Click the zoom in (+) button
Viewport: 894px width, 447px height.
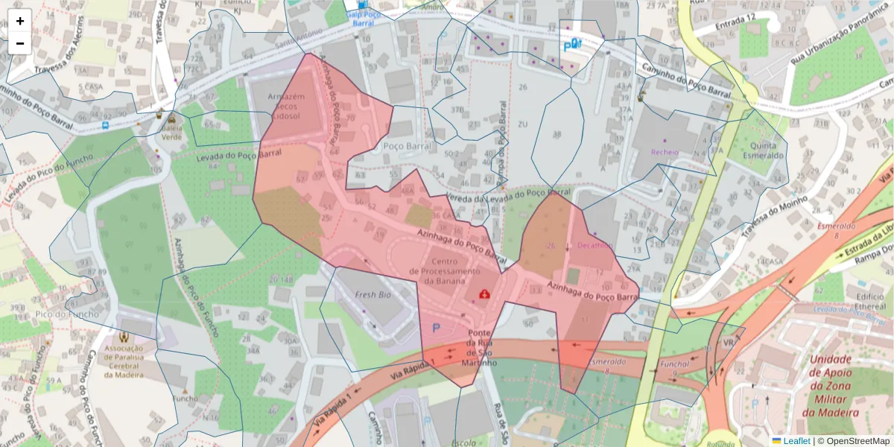[x=20, y=21]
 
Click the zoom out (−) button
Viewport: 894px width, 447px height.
[x=20, y=43]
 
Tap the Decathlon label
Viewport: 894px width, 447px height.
[x=594, y=245]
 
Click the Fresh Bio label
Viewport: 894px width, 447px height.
[x=372, y=295]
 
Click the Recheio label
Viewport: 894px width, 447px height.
[x=665, y=152]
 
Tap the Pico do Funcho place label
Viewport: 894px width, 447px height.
[x=66, y=314]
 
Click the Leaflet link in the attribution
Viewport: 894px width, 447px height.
[x=796, y=441]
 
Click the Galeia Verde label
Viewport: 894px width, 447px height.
[x=172, y=131]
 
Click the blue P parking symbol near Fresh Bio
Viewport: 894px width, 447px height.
[x=437, y=328]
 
